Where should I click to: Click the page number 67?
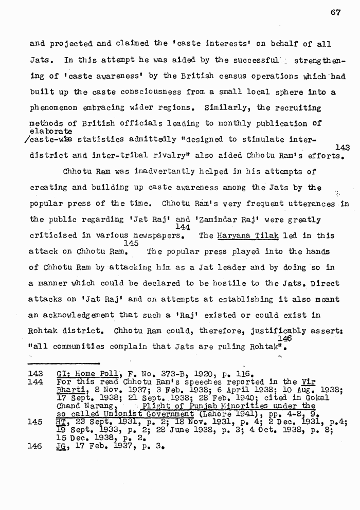pyautogui.click(x=335, y=13)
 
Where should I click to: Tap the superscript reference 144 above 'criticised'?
pyautogui.click(x=183, y=227)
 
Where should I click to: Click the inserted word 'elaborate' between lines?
pyautogui.click(x=51, y=131)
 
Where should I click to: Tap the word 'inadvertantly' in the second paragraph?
pyautogui.click(x=163, y=172)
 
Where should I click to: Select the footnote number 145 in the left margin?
pyautogui.click(x=36, y=422)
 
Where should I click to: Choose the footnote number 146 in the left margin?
pyautogui.click(x=36, y=446)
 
